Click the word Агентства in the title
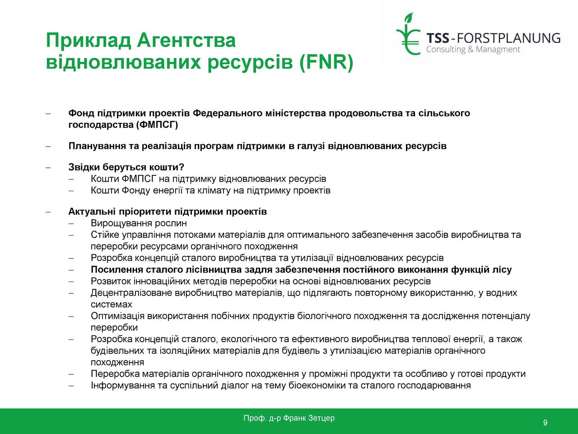[x=186, y=40]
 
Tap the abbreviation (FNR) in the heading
[x=326, y=62]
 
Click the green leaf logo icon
[x=408, y=34]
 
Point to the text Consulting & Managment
[x=473, y=50]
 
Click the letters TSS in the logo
[x=438, y=38]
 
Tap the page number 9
[x=545, y=422]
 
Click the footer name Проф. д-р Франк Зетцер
[x=289, y=418]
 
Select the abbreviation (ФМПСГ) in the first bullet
[x=157, y=125]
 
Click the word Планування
[x=97, y=146]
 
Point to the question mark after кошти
[x=182, y=167]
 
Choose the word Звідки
[x=84, y=167]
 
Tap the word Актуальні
[x=92, y=211]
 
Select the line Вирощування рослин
[x=139, y=223]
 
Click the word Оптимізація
[x=118, y=316]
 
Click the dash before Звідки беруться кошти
[x=48, y=167]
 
